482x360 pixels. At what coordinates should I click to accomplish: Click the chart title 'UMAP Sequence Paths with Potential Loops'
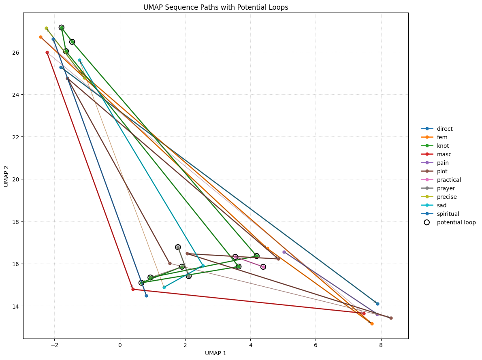click(x=215, y=7)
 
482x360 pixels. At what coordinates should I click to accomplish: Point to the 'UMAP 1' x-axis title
click(x=215, y=353)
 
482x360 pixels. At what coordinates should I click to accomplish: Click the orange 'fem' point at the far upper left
click(x=41, y=37)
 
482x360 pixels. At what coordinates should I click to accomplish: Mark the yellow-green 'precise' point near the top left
click(x=46, y=28)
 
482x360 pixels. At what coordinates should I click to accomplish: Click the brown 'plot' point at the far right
click(x=391, y=318)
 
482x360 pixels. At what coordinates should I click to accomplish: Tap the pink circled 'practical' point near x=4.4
click(x=263, y=267)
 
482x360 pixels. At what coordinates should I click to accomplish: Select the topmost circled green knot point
click(x=62, y=28)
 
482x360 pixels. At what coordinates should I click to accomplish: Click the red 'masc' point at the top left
click(x=47, y=52)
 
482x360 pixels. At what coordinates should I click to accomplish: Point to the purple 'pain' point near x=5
click(x=284, y=252)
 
